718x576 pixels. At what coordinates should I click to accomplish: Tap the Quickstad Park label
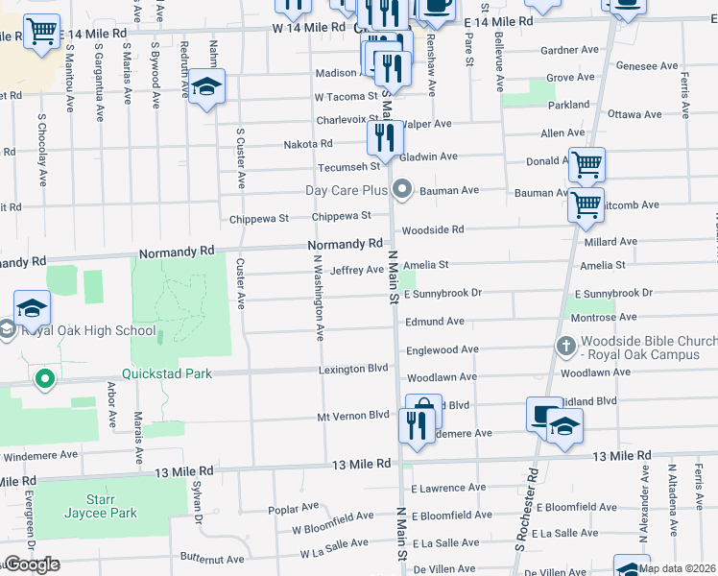point(166,373)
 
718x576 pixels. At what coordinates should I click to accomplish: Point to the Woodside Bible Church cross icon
point(566,344)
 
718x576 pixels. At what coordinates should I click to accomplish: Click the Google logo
point(32,564)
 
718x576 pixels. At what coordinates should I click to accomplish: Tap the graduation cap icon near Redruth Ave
point(206,88)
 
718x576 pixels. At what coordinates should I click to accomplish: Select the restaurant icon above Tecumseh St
point(385,139)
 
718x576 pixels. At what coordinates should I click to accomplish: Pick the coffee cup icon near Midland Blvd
point(543,415)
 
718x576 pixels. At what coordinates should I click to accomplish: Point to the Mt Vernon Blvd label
point(352,416)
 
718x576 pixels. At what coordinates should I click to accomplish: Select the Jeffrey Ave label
point(356,270)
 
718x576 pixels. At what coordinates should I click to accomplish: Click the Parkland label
point(569,104)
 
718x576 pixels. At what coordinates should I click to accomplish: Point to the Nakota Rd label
point(307,144)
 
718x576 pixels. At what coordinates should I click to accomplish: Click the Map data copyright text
point(677,568)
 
